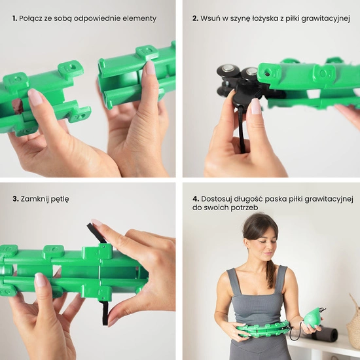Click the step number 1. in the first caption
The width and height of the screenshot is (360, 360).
click(14, 18)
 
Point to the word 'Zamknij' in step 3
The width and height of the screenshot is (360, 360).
click(35, 199)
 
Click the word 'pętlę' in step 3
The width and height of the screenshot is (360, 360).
click(60, 199)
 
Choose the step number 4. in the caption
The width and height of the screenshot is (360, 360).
click(196, 199)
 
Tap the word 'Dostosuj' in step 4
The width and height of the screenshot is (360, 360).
click(216, 199)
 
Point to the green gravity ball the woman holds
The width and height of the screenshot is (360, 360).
click(311, 317)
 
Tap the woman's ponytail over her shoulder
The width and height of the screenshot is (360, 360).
click(272, 273)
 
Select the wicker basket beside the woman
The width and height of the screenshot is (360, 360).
click(353, 319)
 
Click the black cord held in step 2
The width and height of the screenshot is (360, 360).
click(242, 129)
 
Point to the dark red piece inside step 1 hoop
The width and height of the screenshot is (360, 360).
click(17, 106)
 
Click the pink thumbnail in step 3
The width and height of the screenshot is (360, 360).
click(41, 279)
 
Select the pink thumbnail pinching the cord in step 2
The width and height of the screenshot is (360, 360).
click(255, 106)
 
